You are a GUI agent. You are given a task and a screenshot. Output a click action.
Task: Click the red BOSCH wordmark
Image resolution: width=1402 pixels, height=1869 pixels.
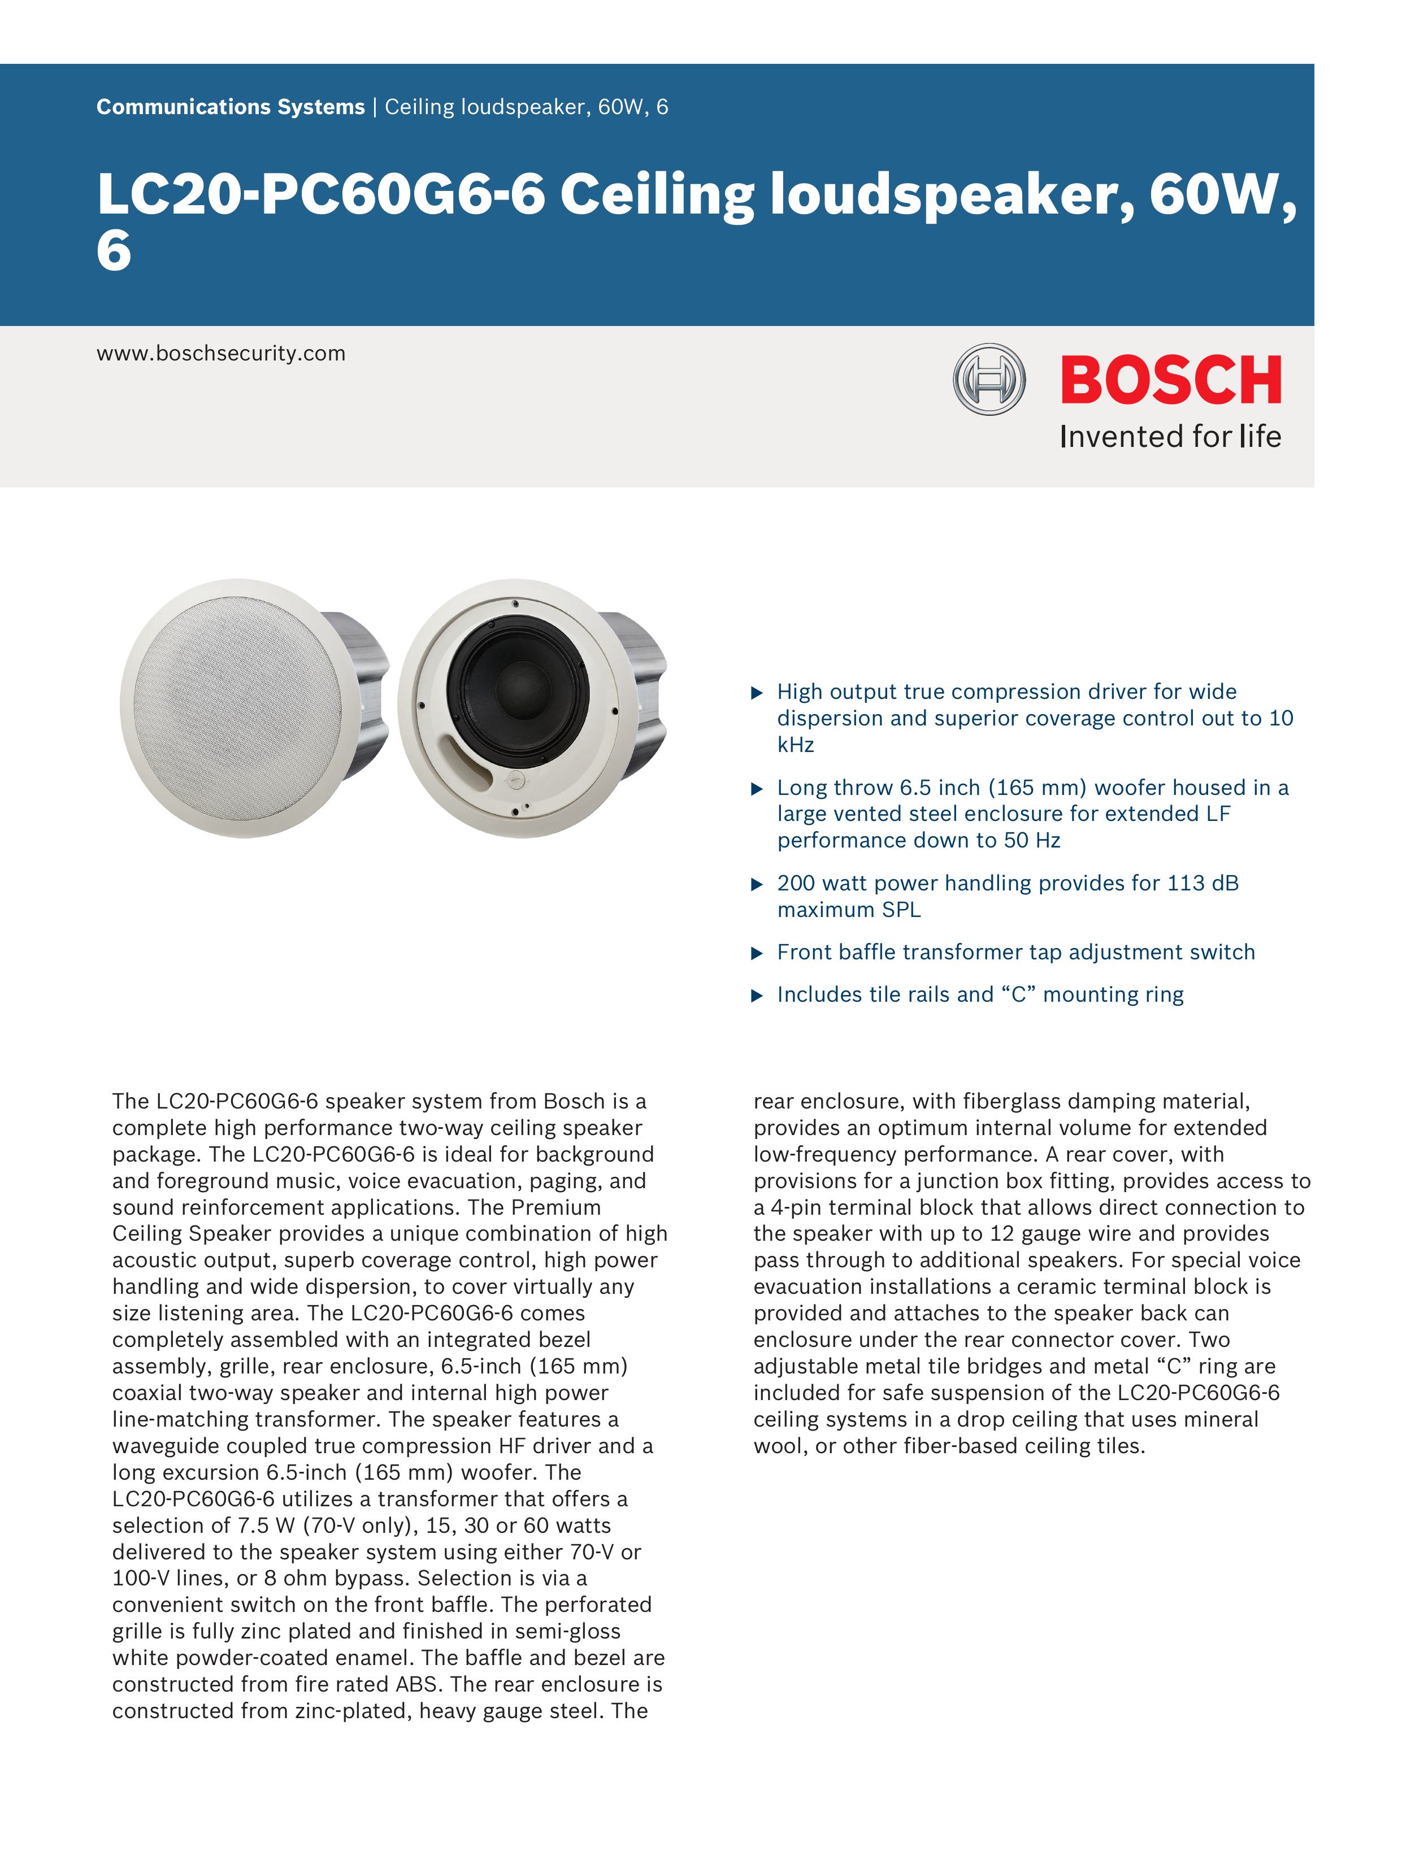point(1170,380)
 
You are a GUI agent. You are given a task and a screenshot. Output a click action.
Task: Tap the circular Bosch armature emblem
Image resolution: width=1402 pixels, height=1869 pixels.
point(989,379)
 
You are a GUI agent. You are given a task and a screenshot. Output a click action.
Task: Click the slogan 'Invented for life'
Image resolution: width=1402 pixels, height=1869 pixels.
point(1170,437)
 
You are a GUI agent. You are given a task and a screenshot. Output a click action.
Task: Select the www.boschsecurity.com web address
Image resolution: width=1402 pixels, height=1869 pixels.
point(220,353)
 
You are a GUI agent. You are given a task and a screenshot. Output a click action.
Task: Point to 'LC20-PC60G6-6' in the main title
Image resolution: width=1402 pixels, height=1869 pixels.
point(321,194)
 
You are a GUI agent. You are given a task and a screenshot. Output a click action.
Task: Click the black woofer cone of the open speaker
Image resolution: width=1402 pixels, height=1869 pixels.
point(517,689)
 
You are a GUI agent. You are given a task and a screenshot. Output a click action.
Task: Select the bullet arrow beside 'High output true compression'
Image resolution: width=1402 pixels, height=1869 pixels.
point(757,693)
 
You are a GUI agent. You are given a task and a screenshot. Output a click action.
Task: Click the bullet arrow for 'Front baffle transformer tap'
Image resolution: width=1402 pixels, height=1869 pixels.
point(757,954)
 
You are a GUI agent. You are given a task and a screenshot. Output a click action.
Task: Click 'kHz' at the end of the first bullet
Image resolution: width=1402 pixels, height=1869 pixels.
point(795,745)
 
